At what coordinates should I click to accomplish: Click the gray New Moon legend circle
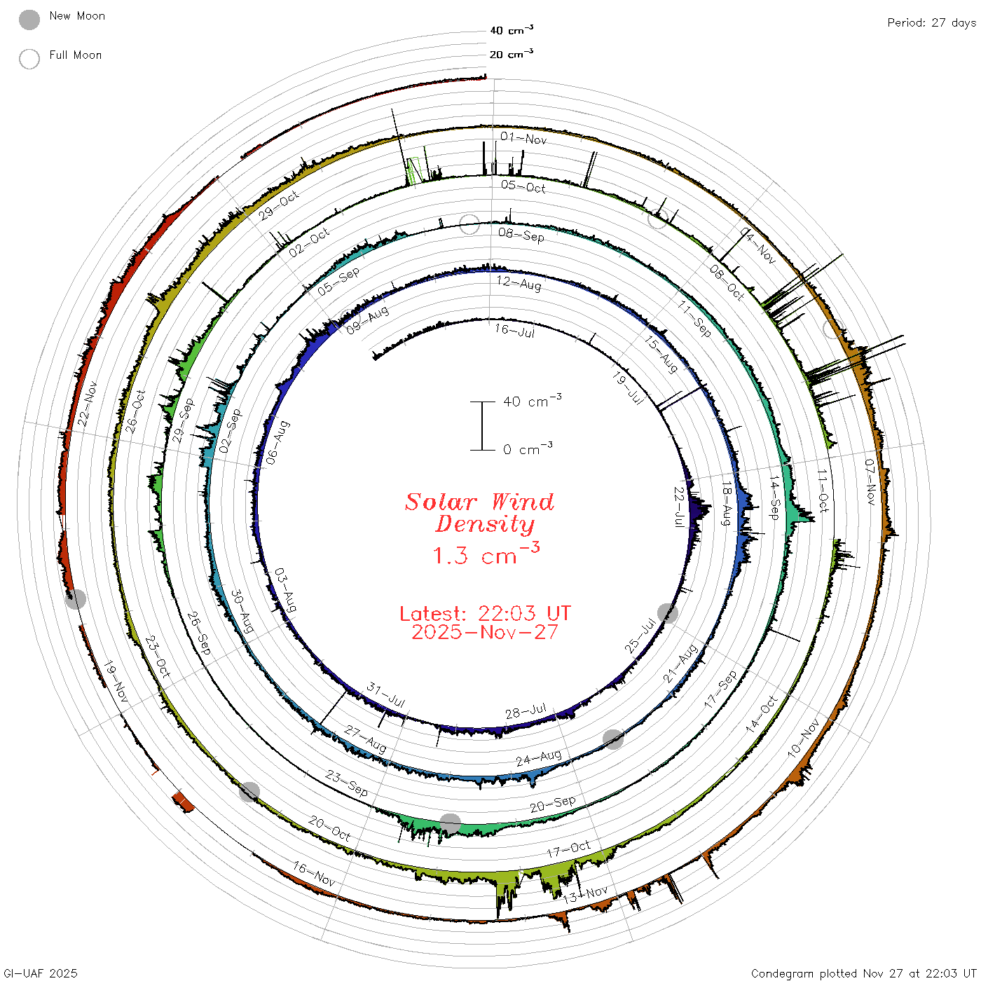(29, 20)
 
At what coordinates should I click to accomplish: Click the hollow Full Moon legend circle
(29, 59)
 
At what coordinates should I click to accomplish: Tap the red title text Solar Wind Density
(479, 513)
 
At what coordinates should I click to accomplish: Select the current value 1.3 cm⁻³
(486, 554)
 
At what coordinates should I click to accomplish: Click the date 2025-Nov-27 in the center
(485, 632)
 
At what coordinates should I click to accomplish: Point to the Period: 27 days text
(931, 23)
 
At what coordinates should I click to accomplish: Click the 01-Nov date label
(523, 139)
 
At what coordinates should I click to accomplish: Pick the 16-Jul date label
(515, 331)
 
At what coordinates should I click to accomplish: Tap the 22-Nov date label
(88, 404)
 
